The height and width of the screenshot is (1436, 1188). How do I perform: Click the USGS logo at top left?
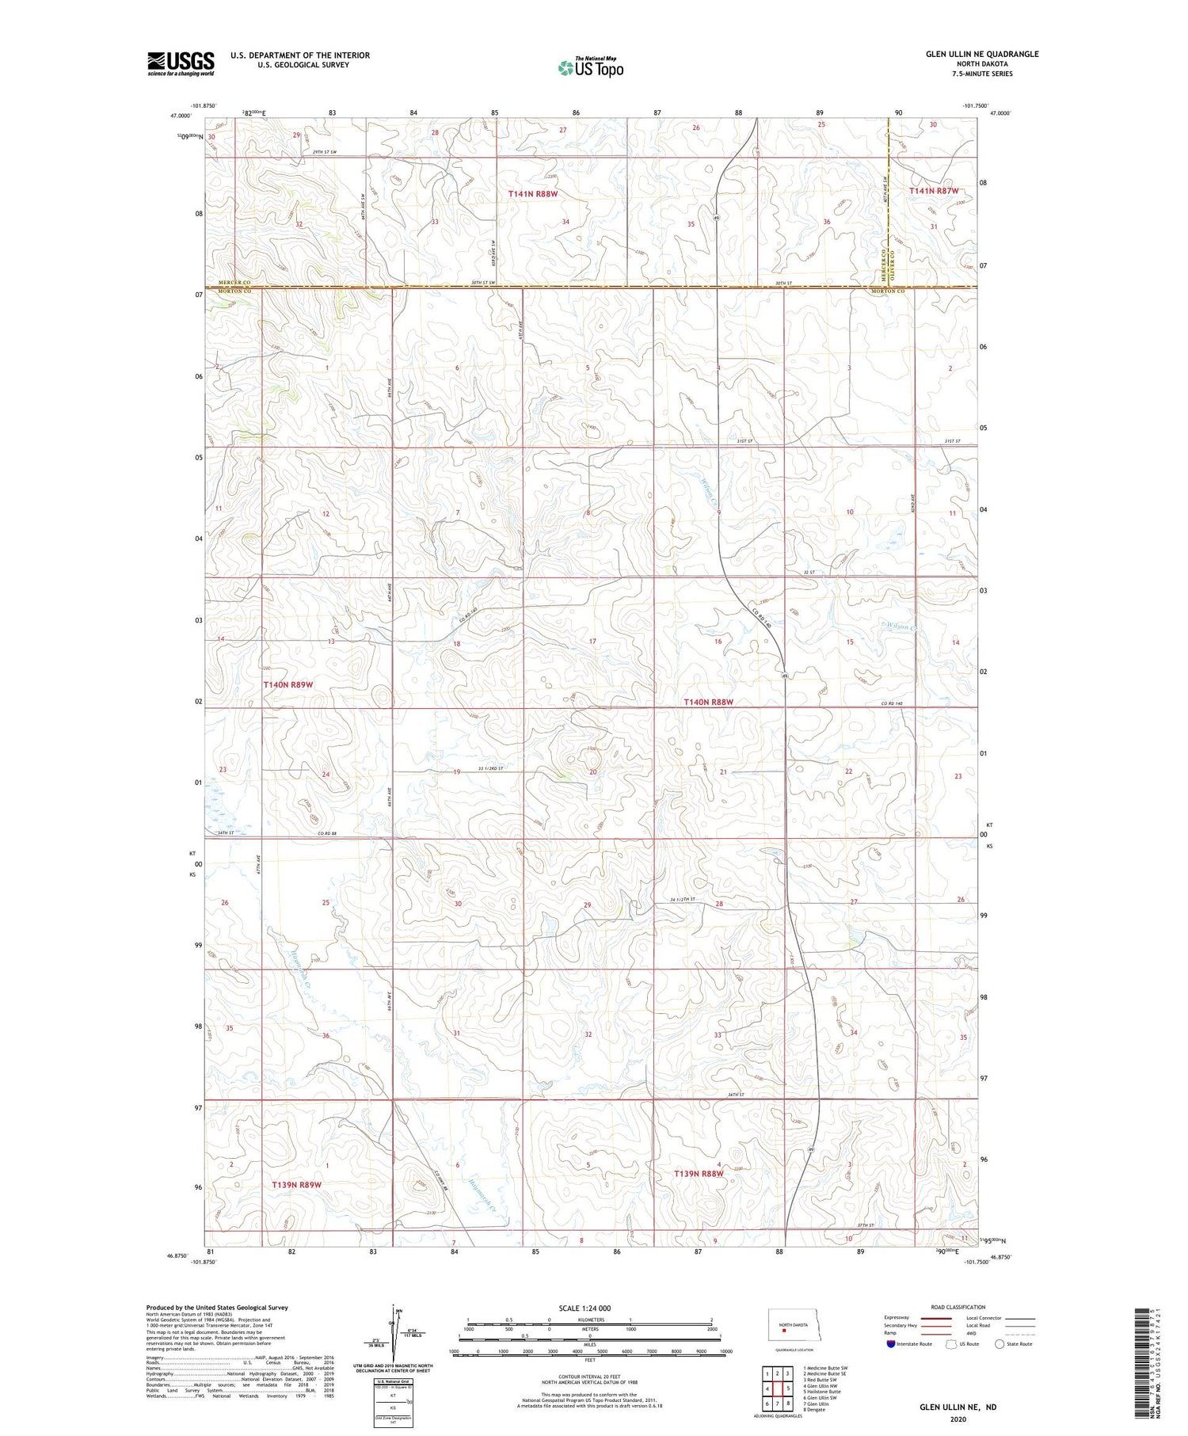[181, 63]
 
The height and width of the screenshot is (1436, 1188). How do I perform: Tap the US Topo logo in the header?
[590, 68]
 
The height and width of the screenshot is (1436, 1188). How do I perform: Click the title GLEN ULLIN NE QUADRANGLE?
[981, 54]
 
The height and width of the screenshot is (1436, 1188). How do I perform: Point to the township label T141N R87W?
[933, 191]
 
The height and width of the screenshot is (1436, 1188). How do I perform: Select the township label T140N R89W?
[288, 684]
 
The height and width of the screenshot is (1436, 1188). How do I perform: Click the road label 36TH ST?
[737, 1095]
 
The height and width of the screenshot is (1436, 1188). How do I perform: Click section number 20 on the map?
[592, 772]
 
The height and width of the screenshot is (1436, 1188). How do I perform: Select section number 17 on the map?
[592, 641]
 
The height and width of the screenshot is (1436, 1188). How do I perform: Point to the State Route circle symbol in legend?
[1000, 1344]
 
